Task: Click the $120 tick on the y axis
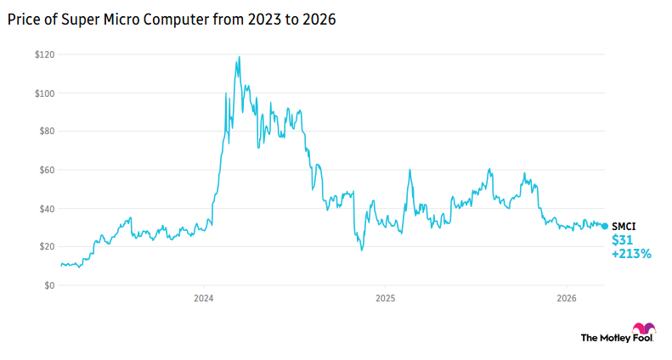44,54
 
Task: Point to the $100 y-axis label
44,93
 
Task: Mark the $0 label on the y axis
49,285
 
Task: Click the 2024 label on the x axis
203,299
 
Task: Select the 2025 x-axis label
386,299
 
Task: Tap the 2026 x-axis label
567,299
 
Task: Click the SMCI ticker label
624,227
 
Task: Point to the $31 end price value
622,240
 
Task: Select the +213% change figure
631,254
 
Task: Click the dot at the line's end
605,226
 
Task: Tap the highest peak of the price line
240,57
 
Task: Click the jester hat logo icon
643,330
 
